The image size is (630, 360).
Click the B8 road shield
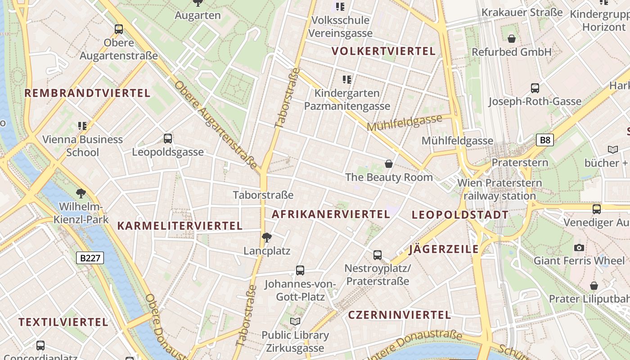coord(544,140)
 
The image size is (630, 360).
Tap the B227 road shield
coord(90,258)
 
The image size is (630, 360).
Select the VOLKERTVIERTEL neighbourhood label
coord(384,51)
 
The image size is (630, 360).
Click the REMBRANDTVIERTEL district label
coord(87,93)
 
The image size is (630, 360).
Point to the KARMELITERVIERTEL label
coord(180,226)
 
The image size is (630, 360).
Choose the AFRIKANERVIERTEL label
coord(331,214)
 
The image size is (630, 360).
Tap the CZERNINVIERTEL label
coord(400,315)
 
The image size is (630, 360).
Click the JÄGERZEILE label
coord(444,249)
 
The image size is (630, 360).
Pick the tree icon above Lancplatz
coord(267,237)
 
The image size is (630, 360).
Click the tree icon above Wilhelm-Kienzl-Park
coord(81,194)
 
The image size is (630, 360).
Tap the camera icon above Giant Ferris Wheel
coord(579,247)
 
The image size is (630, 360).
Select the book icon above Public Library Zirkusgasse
coord(295,322)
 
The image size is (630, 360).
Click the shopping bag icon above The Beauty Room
coord(389,164)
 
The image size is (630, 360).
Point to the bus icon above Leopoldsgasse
coord(168,139)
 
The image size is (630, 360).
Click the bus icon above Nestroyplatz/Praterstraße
coord(378,255)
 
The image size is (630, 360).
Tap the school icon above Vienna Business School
coord(82,126)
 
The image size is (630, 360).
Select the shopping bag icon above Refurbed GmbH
coord(511,39)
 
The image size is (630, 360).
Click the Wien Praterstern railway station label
coord(499,189)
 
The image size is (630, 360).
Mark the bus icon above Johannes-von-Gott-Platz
coord(300,270)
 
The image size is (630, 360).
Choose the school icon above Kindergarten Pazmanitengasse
coord(347,80)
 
